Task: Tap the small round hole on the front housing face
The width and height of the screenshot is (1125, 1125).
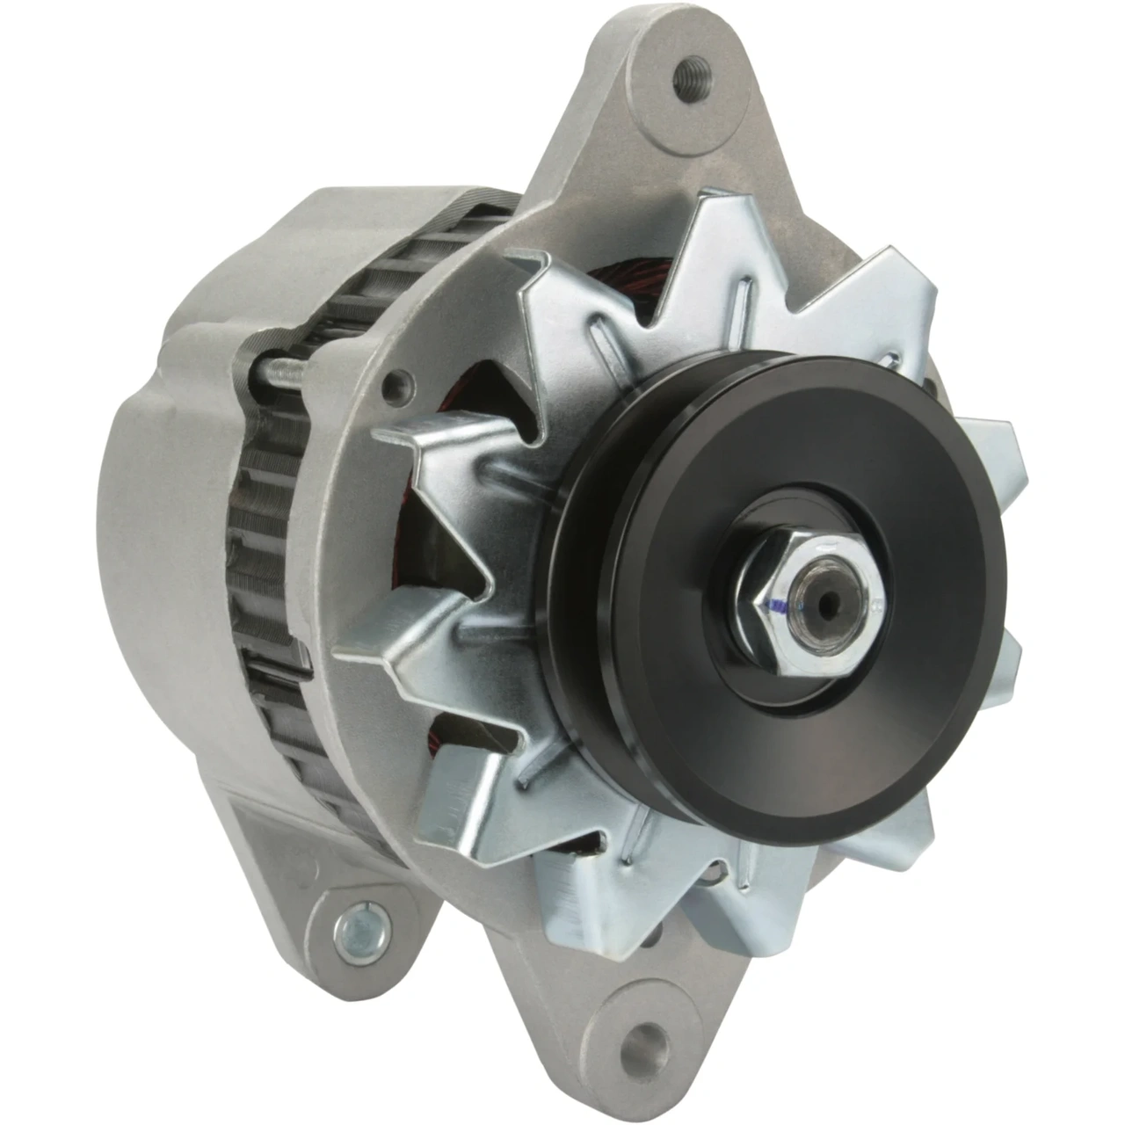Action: click(x=402, y=381)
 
